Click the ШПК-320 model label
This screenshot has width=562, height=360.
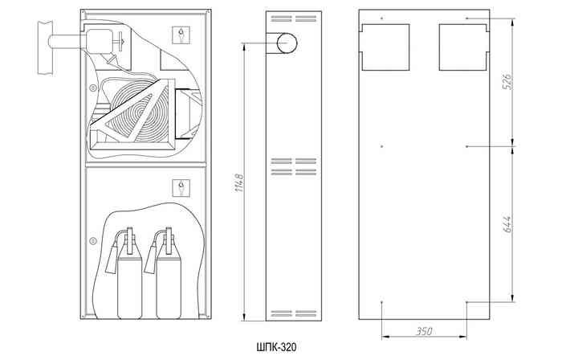click(x=277, y=347)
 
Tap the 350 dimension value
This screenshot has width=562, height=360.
click(x=424, y=331)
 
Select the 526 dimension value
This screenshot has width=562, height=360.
click(x=507, y=82)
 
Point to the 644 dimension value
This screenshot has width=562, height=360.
click(x=507, y=224)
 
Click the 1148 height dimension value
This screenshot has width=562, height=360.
click(x=239, y=182)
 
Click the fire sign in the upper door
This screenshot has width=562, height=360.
click(x=181, y=35)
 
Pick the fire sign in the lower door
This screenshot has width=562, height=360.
click(x=181, y=188)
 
